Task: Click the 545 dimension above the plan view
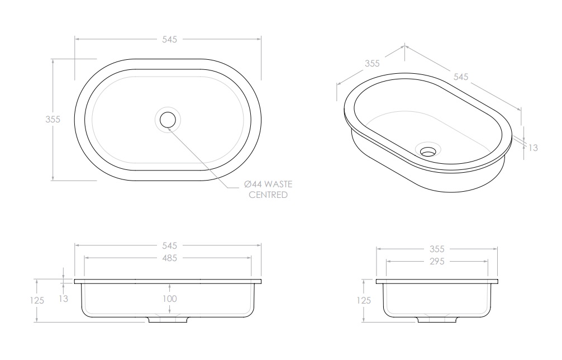tap(169, 40)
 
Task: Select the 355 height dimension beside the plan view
tap(53, 120)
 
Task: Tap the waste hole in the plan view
tap(168, 119)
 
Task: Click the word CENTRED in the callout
tap(268, 195)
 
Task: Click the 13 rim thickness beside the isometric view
tap(533, 148)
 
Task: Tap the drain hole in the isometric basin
tap(428, 150)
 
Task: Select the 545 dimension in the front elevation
tap(169, 245)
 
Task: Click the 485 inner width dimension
tap(169, 258)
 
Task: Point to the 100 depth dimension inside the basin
tap(170, 299)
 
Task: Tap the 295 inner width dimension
tap(436, 261)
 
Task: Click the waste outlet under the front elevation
tap(168, 320)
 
